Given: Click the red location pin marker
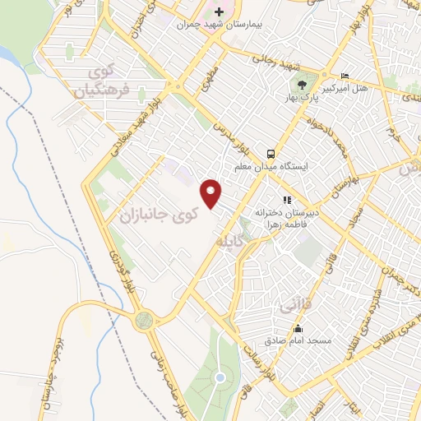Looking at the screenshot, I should coord(212,192).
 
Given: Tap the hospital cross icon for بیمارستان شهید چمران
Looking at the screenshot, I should coord(218,12).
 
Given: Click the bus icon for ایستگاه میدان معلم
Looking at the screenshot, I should coord(270,153).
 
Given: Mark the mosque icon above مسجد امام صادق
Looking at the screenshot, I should coord(297,328).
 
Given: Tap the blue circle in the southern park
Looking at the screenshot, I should coord(220,378).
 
